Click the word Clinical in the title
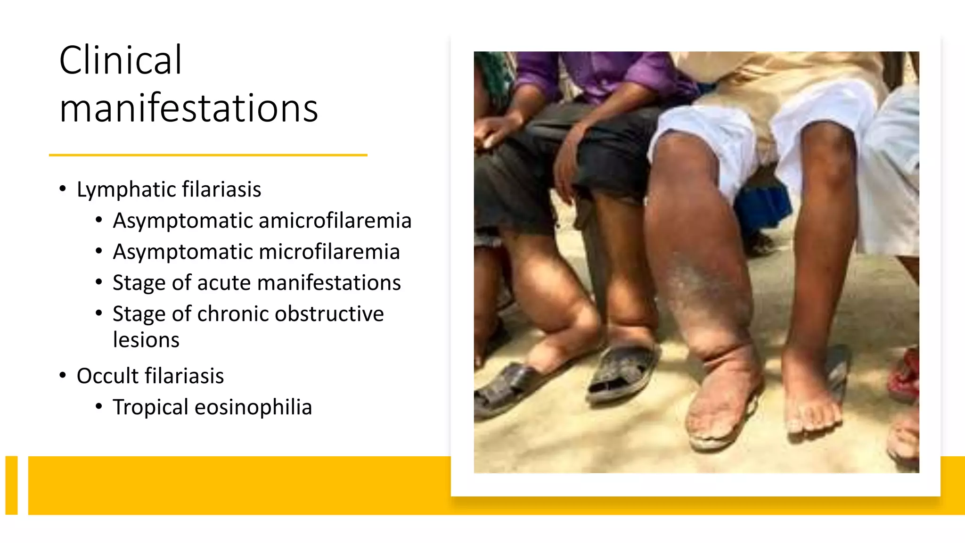click(120, 60)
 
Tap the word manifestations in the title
click(188, 108)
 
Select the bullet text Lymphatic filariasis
click(169, 189)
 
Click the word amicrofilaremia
click(335, 221)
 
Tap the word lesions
click(146, 340)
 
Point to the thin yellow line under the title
click(208, 155)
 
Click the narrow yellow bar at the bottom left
click(11, 485)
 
